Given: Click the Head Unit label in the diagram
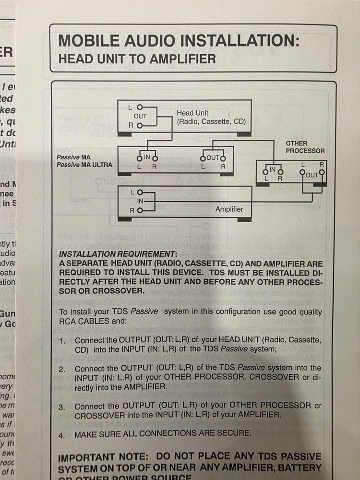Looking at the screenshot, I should (192, 113).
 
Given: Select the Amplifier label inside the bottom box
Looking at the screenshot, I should (229, 209).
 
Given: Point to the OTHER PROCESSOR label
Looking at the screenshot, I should (305, 147).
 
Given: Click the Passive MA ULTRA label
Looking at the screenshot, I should (84, 165).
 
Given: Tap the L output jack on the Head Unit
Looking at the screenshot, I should (139, 108).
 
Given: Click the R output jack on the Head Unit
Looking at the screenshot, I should (139, 125).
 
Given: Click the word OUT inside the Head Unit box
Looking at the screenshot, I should (140, 116).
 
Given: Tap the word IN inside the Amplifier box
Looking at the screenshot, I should (141, 201).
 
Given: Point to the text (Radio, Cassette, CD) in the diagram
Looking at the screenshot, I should (211, 121).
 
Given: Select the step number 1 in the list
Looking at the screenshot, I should (62, 341).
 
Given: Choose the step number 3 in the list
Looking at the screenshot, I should (62, 407).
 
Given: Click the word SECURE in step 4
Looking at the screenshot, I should (233, 433).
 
